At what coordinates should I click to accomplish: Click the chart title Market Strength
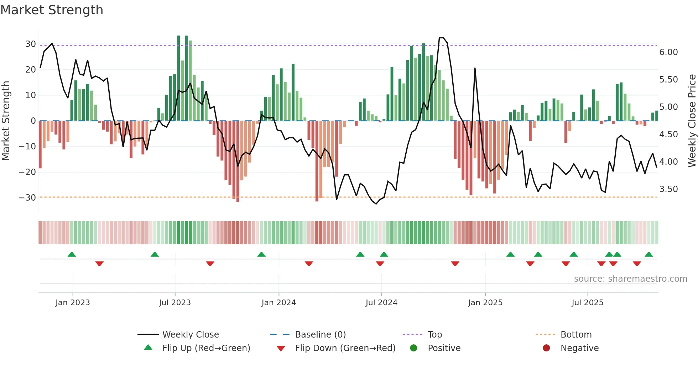52,10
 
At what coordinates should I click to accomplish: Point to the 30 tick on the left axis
31,44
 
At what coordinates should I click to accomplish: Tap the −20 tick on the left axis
27,172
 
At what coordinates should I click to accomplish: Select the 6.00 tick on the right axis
668,52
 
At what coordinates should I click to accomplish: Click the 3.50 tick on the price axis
668,189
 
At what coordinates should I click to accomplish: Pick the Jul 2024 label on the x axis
381,303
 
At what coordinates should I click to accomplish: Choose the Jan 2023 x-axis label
73,303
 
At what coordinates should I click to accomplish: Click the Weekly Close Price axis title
692,121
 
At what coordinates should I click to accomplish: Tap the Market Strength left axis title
6,121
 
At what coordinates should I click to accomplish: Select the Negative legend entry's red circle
546,348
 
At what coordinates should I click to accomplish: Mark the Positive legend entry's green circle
413,348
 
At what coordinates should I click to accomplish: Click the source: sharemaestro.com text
630,279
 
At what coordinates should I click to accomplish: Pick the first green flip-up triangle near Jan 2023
72,254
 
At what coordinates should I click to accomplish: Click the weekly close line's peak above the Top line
441,38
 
